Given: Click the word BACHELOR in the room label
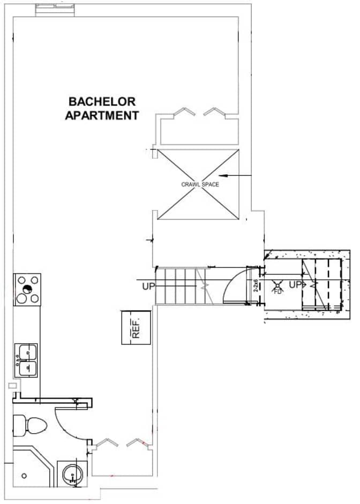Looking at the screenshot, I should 102,101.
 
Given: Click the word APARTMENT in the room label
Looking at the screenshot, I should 102,115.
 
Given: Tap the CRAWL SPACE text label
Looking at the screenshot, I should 200,184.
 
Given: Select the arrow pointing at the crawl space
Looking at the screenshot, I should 236,175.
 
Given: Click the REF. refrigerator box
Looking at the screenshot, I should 136,327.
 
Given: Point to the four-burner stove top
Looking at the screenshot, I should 27,290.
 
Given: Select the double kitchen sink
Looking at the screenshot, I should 26,360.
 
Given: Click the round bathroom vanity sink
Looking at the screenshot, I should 72,475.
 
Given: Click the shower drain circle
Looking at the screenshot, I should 24,476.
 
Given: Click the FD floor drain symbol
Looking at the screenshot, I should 277,287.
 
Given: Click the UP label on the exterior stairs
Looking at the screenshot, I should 296,285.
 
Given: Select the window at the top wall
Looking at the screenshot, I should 55,10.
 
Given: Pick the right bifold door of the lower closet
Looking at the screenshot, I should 137,442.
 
